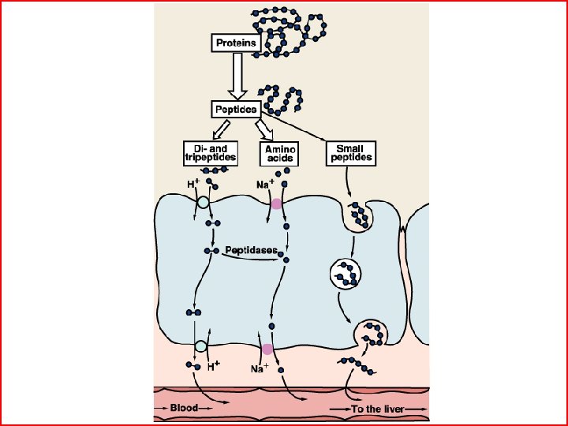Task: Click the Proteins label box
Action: coord(236,43)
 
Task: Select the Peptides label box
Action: coord(236,108)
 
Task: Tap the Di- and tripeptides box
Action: coord(204,153)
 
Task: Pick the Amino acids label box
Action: coord(279,153)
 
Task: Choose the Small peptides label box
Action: coord(349,153)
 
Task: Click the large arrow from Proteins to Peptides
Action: coord(236,76)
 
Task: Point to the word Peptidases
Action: coord(251,250)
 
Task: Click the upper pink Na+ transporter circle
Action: coord(276,204)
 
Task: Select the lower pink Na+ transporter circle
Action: coord(267,349)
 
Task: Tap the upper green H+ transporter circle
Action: coord(203,203)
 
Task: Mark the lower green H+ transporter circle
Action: coord(200,346)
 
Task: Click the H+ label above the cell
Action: coord(192,185)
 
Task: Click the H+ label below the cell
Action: coord(213,367)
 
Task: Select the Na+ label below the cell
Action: coord(259,368)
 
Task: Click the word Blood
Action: coord(184,409)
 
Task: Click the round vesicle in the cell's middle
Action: coord(346,273)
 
